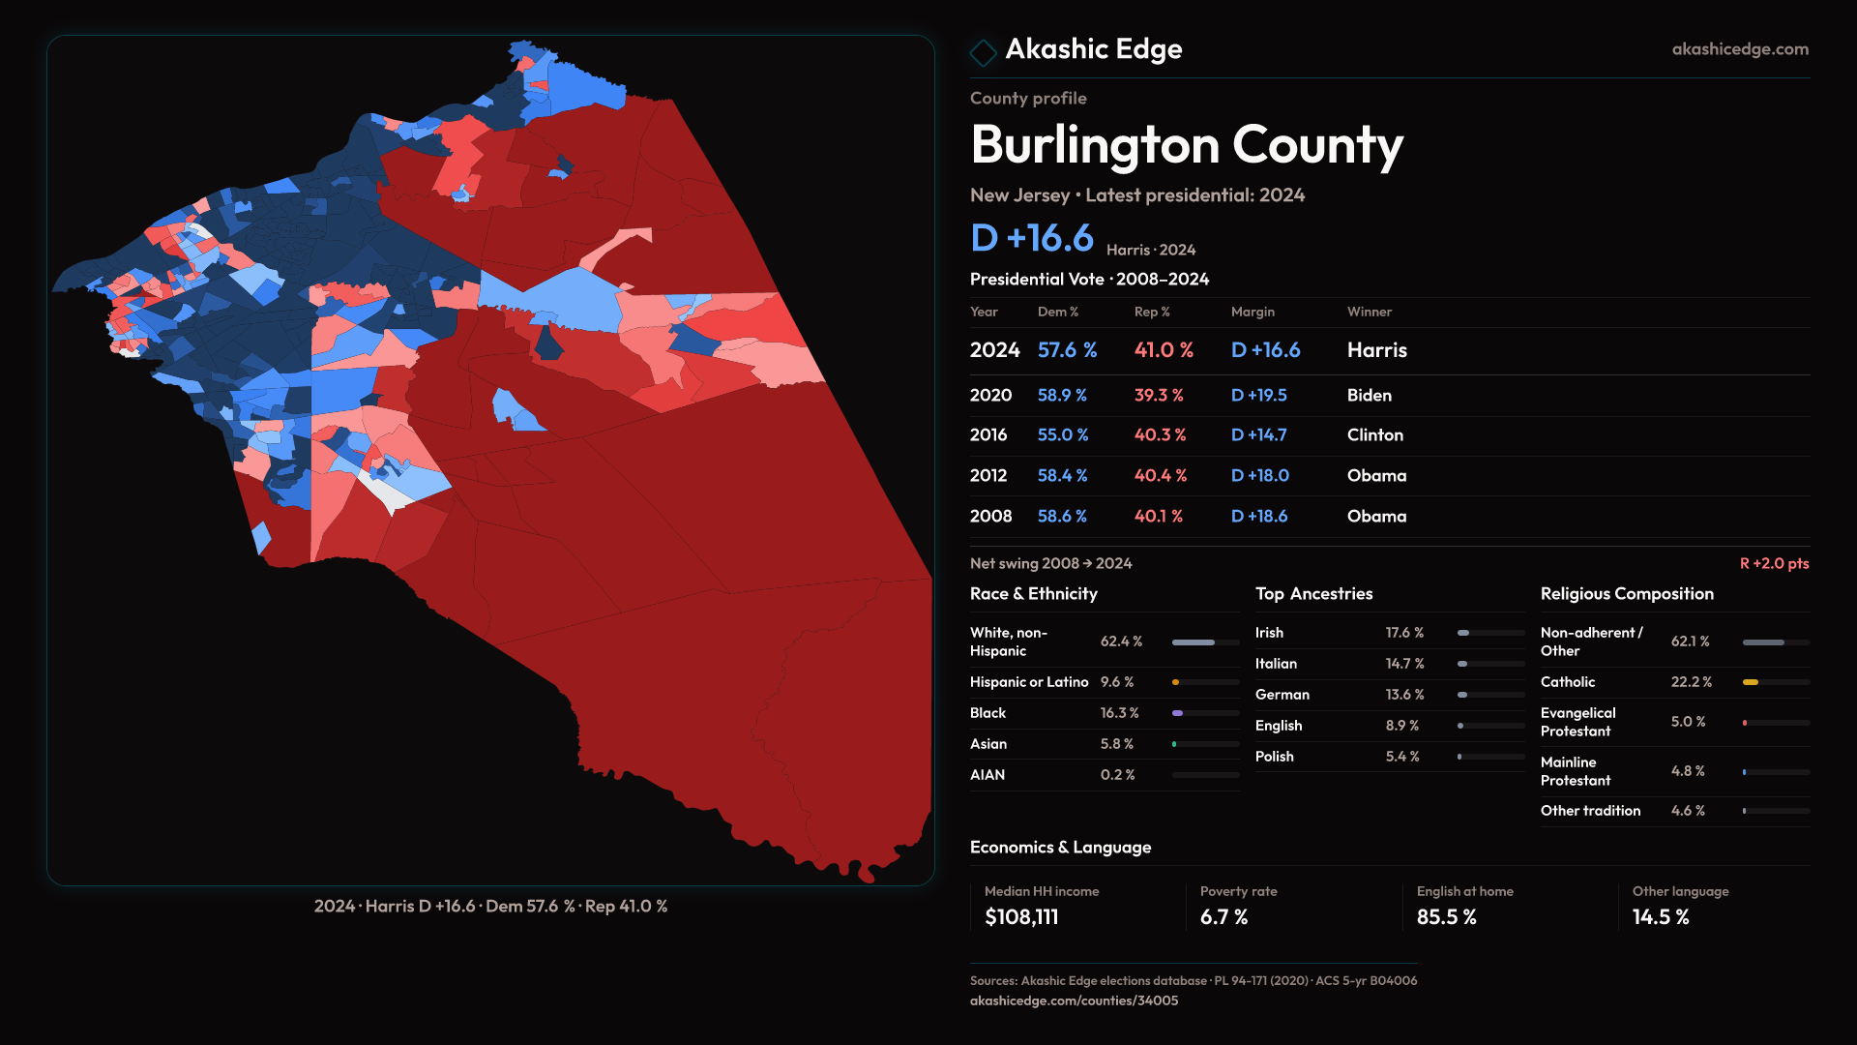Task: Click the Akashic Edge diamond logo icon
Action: [x=983, y=52]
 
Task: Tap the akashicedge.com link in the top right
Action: [x=1739, y=49]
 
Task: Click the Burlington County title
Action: [x=1186, y=145]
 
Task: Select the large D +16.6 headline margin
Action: [x=1031, y=238]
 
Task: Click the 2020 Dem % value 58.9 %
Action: [x=1062, y=396]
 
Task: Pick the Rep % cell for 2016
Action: [x=1160, y=435]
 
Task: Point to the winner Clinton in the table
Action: [x=1374, y=435]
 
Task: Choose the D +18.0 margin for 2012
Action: [x=1259, y=476]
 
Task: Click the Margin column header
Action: [x=1253, y=312]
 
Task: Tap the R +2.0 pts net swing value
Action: [x=1774, y=563]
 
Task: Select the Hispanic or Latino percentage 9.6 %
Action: [x=1116, y=682]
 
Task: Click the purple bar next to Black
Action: [x=1178, y=713]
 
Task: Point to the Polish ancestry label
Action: [x=1274, y=757]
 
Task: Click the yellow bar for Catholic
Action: [x=1751, y=682]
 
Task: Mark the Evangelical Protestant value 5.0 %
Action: [x=1688, y=722]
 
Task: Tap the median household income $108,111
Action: [x=1021, y=917]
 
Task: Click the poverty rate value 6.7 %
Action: [x=1223, y=917]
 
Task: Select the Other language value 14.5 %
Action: [x=1661, y=917]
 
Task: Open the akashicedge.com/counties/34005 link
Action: [x=1074, y=1000]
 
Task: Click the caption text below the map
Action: [x=490, y=907]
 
